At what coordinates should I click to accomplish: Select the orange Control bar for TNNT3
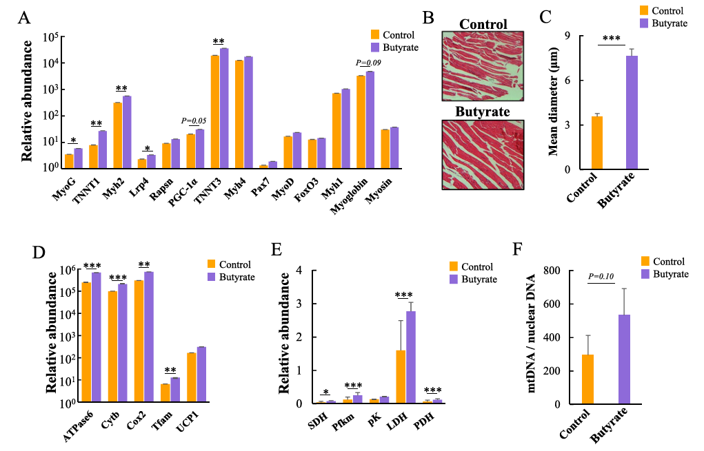(x=215, y=111)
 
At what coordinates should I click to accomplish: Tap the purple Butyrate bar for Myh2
(x=127, y=132)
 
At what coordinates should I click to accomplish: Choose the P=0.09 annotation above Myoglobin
(x=368, y=63)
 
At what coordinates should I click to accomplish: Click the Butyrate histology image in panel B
(x=483, y=154)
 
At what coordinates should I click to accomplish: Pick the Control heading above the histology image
(x=483, y=23)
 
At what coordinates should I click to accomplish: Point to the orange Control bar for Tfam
(x=165, y=393)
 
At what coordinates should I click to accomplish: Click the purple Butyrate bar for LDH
(x=411, y=357)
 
